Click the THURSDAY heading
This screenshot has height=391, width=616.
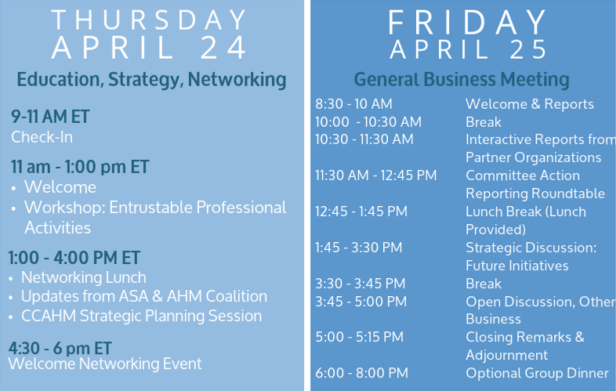pos(148,20)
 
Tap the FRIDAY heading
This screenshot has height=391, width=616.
pos(467,23)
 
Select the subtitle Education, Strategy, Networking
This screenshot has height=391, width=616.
pos(151,80)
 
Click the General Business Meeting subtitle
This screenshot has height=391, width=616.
pos(462,80)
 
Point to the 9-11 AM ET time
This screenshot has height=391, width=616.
pos(50,117)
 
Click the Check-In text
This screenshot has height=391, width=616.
pos(42,137)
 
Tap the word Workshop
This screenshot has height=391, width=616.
pos(65,208)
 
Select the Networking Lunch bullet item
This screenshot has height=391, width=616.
pos(84,277)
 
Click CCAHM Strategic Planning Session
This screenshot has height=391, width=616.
pos(141,316)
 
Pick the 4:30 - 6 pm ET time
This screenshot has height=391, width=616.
pos(60,348)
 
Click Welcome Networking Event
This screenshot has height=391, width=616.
pos(105,364)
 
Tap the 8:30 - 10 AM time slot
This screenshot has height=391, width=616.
pos(353,104)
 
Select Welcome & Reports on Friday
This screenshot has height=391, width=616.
pos(530,104)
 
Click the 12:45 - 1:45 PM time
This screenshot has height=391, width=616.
pos(361,212)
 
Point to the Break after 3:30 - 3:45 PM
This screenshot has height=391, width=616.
pos(484,284)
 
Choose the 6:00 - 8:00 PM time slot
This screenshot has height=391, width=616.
pos(361,373)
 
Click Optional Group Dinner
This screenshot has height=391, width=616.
pos(537,373)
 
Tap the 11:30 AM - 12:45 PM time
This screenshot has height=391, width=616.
pos(376,176)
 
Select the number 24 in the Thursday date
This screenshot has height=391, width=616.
pos(223,48)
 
